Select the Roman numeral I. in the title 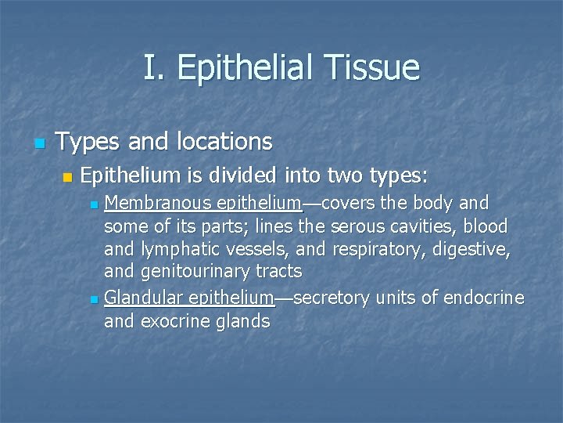pos(153,68)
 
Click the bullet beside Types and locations pos(40,144)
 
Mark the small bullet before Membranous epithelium pos(94,206)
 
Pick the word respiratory pos(373,249)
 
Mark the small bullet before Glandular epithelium pos(94,299)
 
